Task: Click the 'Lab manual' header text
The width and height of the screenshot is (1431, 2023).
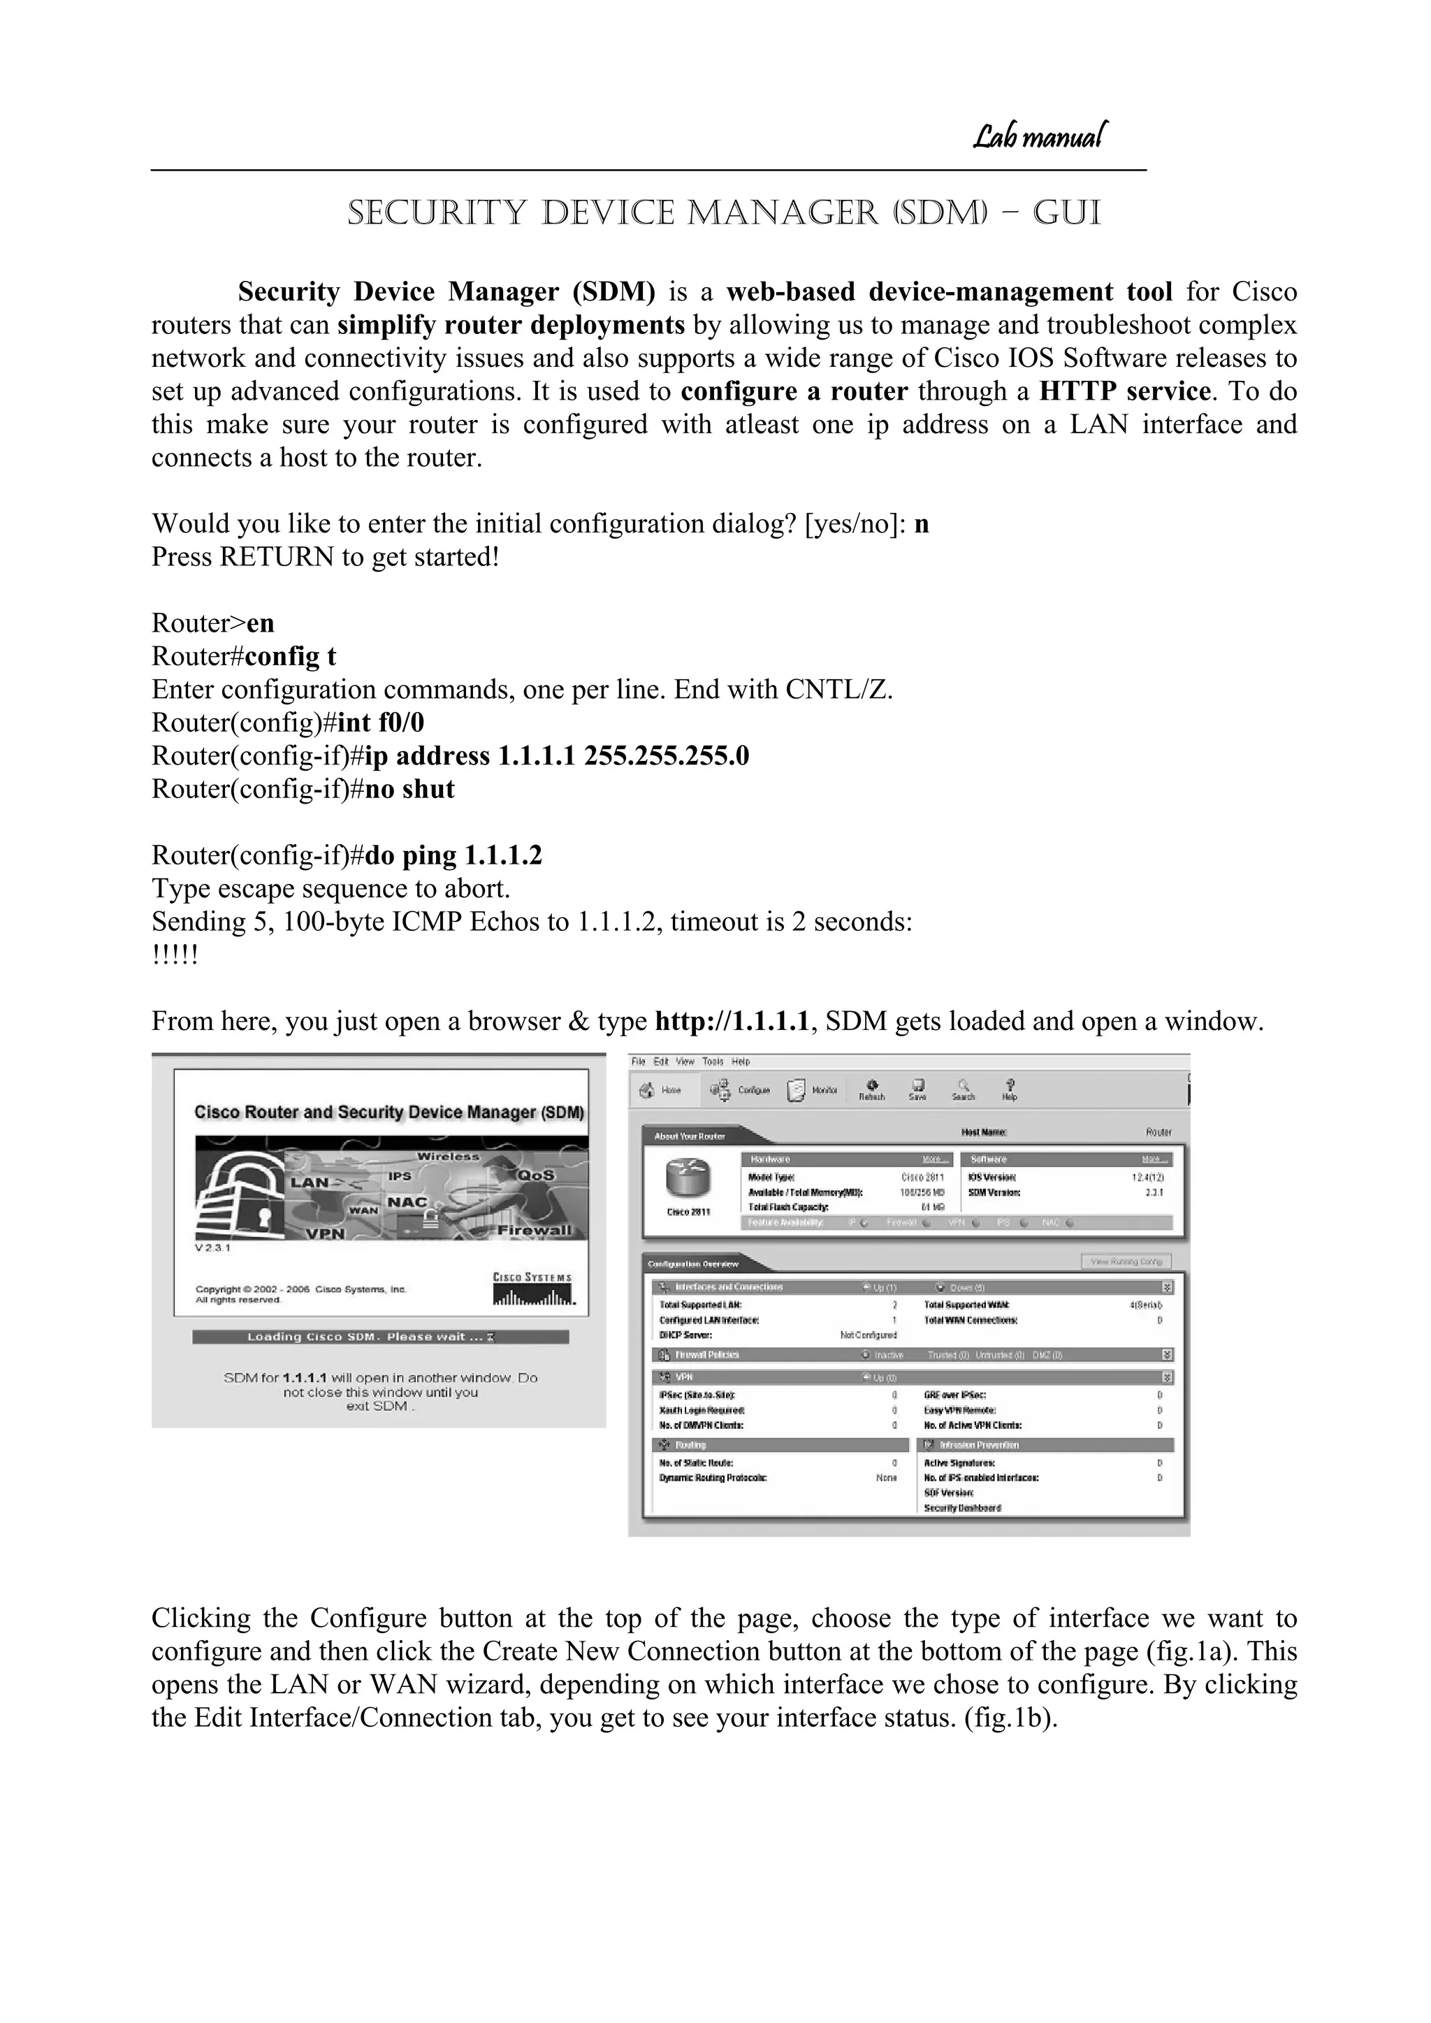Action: click(x=1040, y=136)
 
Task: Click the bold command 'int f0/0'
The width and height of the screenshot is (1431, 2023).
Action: click(x=381, y=723)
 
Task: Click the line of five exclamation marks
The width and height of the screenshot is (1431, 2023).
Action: click(x=175, y=955)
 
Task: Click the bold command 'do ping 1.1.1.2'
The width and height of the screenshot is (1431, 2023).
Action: click(x=453, y=855)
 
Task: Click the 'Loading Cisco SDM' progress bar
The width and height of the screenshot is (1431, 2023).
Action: click(x=381, y=1337)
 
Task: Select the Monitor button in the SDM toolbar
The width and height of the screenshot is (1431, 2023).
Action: click(x=811, y=1091)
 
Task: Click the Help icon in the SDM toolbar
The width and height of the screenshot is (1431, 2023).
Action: click(x=1010, y=1090)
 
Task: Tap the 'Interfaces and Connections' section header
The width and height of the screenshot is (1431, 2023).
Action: click(x=728, y=1287)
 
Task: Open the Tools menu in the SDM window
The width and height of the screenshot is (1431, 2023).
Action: click(x=712, y=1061)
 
